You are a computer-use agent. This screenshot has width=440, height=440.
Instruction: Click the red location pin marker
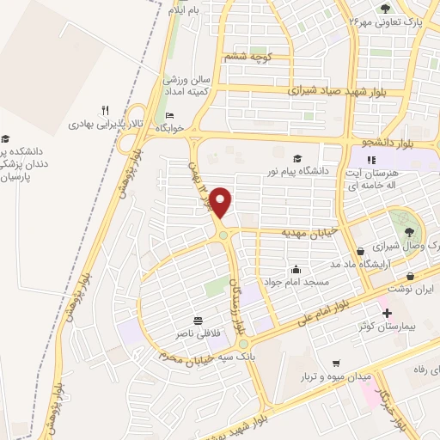point(222,203)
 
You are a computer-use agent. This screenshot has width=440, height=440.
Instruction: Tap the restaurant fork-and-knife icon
point(105,110)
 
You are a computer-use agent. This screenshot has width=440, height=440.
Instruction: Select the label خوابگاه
point(169,127)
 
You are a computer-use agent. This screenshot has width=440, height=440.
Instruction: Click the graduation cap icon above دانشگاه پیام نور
point(297,158)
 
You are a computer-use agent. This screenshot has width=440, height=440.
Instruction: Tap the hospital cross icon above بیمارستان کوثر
point(386,313)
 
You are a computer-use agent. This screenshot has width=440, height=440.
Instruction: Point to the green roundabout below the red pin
point(223,235)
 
